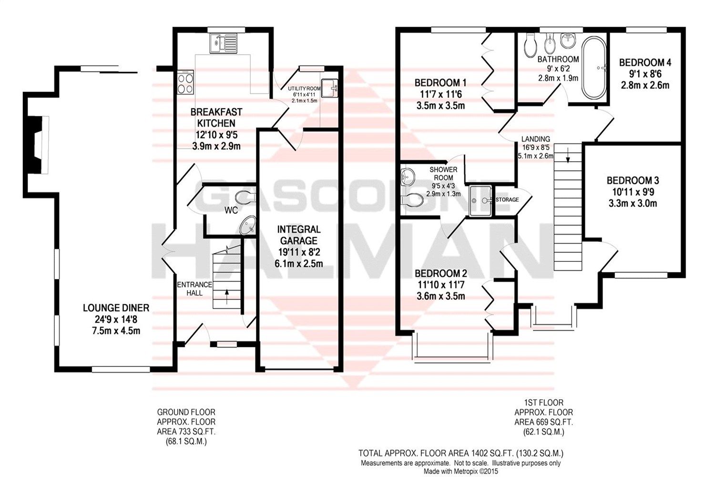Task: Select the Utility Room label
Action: [x=304, y=89]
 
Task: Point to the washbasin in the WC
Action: [x=247, y=225]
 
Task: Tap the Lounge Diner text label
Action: [x=116, y=308]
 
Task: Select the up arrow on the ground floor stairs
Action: [x=226, y=292]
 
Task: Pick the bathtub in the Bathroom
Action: [x=594, y=68]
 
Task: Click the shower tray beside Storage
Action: [x=480, y=201]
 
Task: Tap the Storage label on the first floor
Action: [x=507, y=199]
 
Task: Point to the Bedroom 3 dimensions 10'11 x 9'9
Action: [x=633, y=192]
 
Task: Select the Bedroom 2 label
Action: [x=440, y=273]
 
